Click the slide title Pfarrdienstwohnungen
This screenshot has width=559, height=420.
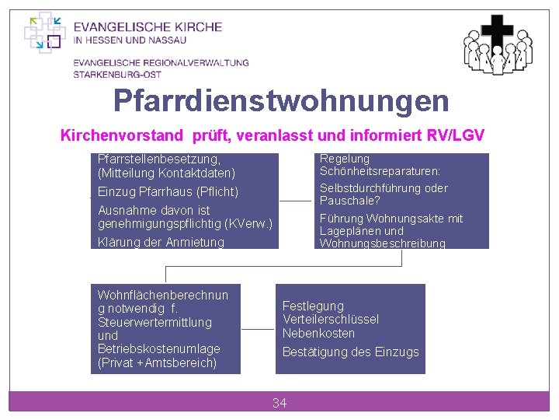point(280,100)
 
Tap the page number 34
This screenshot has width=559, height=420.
point(279,402)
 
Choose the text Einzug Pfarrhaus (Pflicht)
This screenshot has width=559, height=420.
point(168,191)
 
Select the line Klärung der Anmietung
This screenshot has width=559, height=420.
point(161,242)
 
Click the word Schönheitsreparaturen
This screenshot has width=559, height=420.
point(380,171)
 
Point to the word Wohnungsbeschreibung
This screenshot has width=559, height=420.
point(382,243)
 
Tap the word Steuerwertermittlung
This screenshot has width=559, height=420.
point(154,322)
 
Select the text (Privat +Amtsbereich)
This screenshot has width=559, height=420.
point(157,362)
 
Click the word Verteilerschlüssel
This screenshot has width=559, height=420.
point(331,320)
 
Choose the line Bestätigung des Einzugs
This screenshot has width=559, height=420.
point(350,352)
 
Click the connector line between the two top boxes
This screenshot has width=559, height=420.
point(295,201)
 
